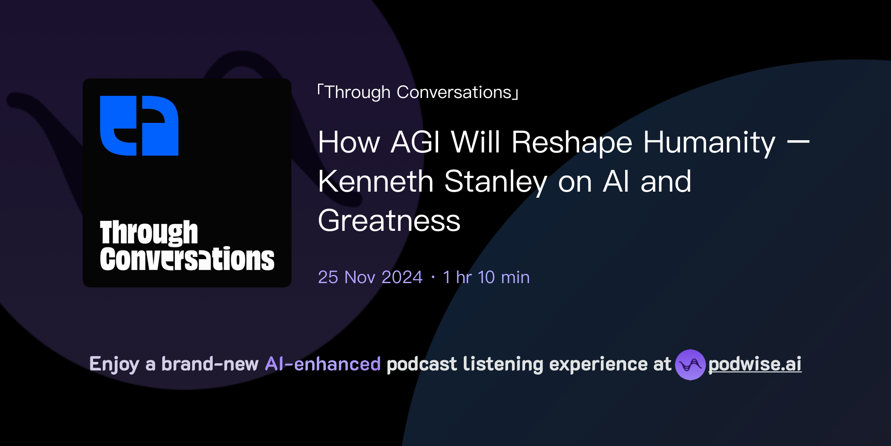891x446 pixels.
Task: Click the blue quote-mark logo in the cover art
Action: pyautogui.click(x=139, y=125)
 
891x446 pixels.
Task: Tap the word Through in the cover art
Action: pyautogui.click(x=149, y=233)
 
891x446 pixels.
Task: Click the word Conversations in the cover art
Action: pyautogui.click(x=187, y=259)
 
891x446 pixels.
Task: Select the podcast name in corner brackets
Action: pyautogui.click(x=418, y=92)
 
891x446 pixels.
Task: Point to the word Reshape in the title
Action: pyautogui.click(x=572, y=143)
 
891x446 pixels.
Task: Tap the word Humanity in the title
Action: pyautogui.click(x=709, y=143)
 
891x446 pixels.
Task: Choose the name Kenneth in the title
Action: pyautogui.click(x=376, y=181)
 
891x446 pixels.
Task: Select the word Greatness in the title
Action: pyautogui.click(x=389, y=220)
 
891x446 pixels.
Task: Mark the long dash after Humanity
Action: pyautogui.click(x=798, y=142)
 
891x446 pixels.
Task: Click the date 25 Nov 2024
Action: pyautogui.click(x=370, y=277)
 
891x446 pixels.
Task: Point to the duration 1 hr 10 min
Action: pyautogui.click(x=486, y=277)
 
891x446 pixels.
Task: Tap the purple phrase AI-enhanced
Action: pyautogui.click(x=323, y=364)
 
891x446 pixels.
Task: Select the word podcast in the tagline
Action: pyautogui.click(x=422, y=364)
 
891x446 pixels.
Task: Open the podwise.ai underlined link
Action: pyautogui.click(x=755, y=365)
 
